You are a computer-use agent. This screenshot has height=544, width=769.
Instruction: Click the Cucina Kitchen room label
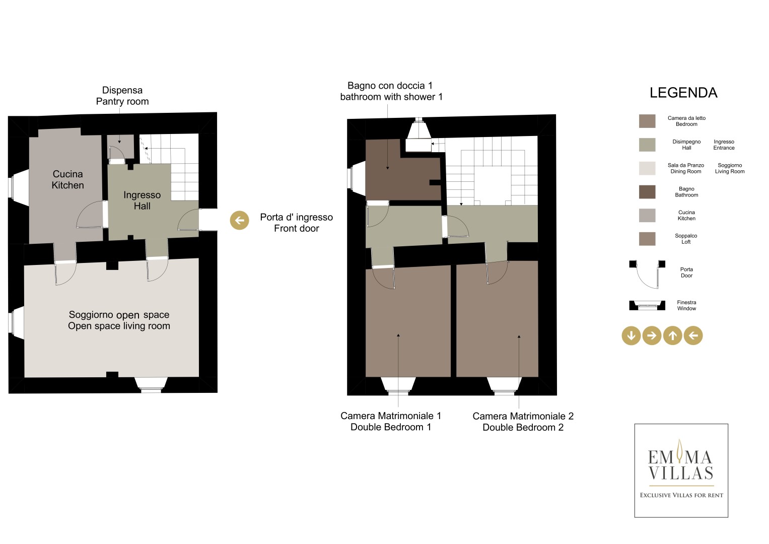[x=67, y=180]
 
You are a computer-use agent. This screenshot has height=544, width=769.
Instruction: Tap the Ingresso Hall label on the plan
[x=142, y=200]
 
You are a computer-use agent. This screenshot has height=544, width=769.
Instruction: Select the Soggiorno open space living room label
[x=119, y=320]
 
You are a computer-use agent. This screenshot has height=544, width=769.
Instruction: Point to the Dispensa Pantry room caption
[x=122, y=96]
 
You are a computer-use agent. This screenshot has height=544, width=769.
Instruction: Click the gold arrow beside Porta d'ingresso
[x=239, y=220]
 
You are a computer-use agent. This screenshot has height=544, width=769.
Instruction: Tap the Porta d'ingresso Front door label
[x=296, y=223]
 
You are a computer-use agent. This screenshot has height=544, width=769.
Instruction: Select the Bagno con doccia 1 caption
[x=391, y=91]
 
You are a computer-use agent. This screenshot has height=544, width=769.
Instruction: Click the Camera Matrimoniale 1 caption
[x=391, y=422]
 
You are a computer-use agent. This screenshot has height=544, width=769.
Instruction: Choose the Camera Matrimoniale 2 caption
[x=523, y=422]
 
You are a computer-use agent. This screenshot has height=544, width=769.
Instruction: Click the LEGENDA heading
[x=683, y=93]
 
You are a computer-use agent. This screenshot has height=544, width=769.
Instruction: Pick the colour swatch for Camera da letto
[x=647, y=121]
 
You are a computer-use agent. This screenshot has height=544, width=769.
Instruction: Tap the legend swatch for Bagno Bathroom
[x=647, y=192]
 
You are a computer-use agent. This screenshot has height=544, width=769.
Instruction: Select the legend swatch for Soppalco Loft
[x=647, y=239]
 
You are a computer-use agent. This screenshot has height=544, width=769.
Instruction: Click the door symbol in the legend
[x=647, y=274]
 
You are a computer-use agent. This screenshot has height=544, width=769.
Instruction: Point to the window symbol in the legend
[x=647, y=305]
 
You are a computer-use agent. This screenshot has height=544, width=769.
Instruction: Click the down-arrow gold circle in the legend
[x=631, y=335]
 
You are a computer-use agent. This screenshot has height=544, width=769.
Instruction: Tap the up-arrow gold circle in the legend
[x=672, y=335]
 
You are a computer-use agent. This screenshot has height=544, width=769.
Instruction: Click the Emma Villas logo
[x=681, y=470]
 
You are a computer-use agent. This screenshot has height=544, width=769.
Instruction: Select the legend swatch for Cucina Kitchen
[x=647, y=216]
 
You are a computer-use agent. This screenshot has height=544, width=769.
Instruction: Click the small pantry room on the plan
[x=120, y=146]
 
